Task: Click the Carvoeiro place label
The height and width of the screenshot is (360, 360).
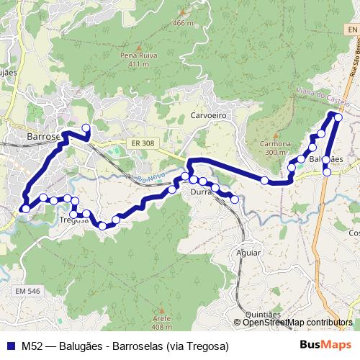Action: click(x=209, y=115)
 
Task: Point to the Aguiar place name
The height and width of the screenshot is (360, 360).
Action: click(x=248, y=253)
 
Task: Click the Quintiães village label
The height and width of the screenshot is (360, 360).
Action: click(x=262, y=315)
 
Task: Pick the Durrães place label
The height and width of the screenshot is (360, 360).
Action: click(x=203, y=193)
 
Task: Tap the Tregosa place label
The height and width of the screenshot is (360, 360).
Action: click(x=73, y=220)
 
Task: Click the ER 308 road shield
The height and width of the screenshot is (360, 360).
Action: click(x=143, y=144)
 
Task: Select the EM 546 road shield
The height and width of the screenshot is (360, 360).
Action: click(x=27, y=291)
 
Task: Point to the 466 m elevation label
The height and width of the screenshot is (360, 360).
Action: click(x=183, y=23)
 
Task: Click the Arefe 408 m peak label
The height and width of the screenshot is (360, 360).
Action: click(x=162, y=321)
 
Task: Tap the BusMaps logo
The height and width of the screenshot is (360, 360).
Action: click(x=325, y=346)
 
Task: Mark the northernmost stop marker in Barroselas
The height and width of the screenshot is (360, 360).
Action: click(x=86, y=129)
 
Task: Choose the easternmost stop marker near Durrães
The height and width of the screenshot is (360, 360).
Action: click(x=234, y=199)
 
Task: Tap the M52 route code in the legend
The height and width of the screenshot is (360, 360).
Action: click(x=31, y=346)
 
